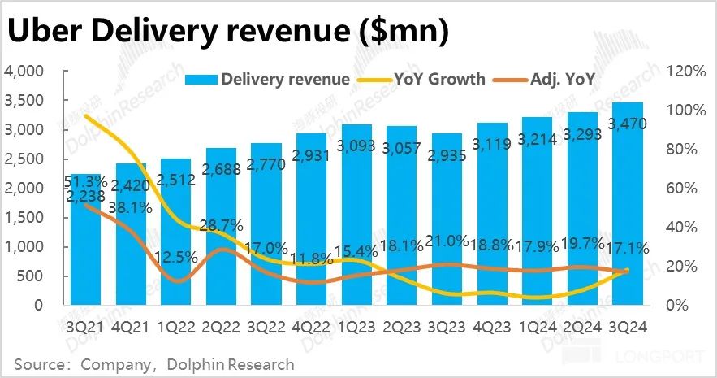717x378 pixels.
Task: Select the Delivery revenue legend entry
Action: (x=268, y=79)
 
